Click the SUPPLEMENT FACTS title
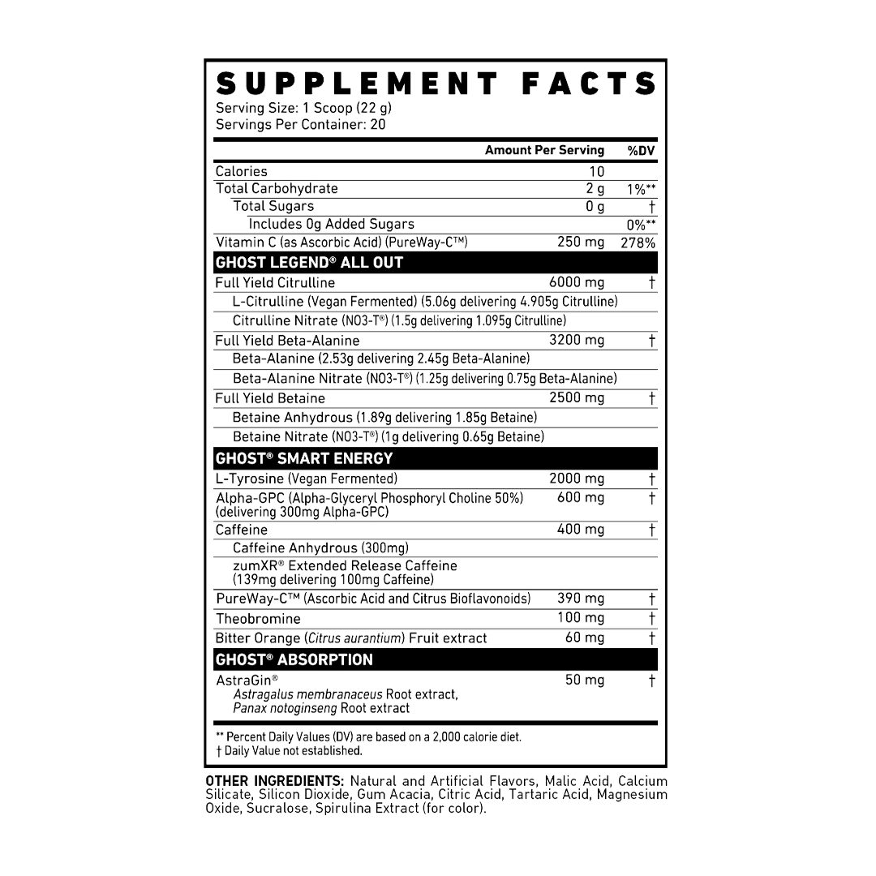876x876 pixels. tap(436, 84)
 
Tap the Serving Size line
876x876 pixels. tap(303, 108)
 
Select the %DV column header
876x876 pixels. tap(641, 150)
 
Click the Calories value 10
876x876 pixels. tap(597, 171)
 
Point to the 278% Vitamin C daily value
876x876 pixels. tap(638, 243)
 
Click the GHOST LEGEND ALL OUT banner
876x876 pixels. tap(436, 263)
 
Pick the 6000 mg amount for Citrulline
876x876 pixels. tap(577, 283)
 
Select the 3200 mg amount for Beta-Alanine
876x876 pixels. tap(577, 340)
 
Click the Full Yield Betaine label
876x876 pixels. tap(270, 398)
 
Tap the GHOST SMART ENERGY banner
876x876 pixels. tap(436, 458)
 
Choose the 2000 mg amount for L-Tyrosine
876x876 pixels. tap(577, 479)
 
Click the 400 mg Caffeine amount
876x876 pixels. tap(581, 529)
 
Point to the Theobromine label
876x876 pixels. tap(258, 619)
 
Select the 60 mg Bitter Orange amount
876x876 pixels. tap(584, 638)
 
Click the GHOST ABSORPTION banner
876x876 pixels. tap(436, 659)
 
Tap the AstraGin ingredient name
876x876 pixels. tap(247, 681)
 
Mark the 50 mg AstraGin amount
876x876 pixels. tap(584, 680)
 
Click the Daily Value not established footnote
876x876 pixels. tap(289, 751)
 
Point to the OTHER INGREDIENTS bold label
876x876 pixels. tap(274, 781)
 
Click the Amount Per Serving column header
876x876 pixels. tap(544, 150)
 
